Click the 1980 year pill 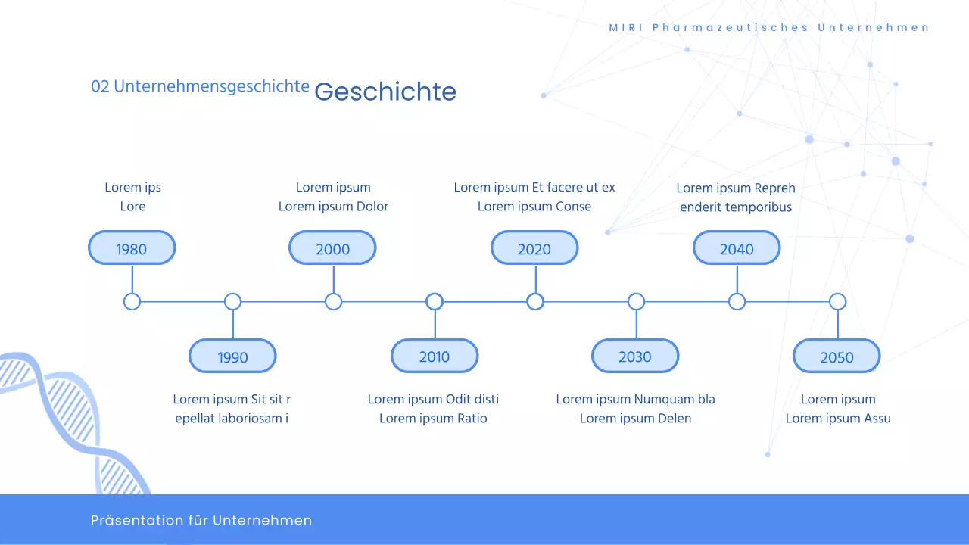point(132,248)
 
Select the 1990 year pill point(232,357)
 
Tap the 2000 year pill point(332,248)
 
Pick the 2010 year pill point(435,357)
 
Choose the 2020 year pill point(534,248)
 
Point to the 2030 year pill point(635,357)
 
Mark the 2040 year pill point(737,248)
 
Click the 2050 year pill point(837,357)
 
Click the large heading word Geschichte point(385,92)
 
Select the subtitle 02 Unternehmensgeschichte point(200,86)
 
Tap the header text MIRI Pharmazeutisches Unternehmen point(769,28)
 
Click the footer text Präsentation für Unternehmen point(201,520)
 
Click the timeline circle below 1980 point(132,302)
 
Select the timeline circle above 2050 point(837,302)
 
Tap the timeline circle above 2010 point(435,302)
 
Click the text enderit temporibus point(736,207)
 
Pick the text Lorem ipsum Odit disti point(433,399)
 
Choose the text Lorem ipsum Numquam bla point(635,399)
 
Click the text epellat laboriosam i point(232,418)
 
